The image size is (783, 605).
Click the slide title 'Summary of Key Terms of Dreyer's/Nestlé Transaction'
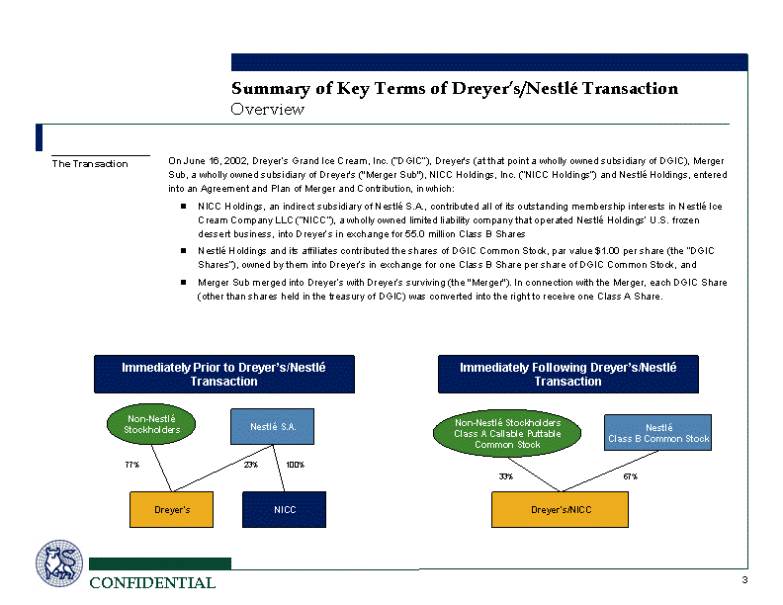(454, 89)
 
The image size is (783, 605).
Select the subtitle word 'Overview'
(267, 110)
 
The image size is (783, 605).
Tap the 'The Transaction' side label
(90, 163)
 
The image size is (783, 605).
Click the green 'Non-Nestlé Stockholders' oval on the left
(151, 425)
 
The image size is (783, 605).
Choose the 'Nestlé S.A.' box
(272, 427)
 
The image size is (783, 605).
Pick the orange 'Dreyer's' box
(172, 509)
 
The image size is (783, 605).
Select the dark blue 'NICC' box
(284, 509)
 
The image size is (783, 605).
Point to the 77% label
(131, 464)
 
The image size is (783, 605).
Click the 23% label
(250, 464)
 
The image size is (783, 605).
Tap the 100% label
(295, 464)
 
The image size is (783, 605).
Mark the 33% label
(505, 476)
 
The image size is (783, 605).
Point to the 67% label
(630, 476)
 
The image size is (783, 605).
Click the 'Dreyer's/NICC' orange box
(560, 509)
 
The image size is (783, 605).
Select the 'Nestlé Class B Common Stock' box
(657, 433)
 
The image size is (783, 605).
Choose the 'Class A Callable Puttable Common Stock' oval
(507, 434)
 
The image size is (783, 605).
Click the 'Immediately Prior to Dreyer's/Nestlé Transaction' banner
(223, 374)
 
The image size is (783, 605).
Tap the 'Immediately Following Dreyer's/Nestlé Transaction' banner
(567, 374)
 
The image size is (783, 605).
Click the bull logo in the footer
(60, 564)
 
